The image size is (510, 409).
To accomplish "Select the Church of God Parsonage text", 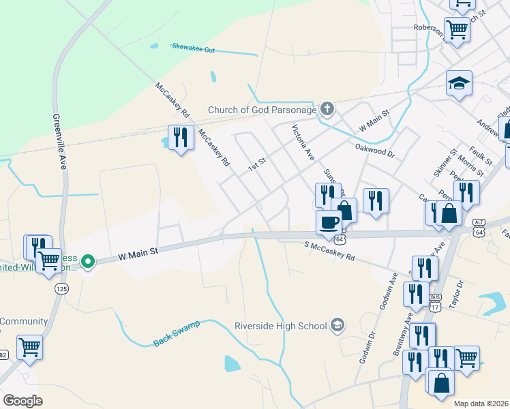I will [262, 110].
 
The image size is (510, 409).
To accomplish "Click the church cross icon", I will [327, 108].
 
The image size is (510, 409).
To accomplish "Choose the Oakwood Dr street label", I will [374, 149].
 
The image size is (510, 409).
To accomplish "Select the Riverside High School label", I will [281, 326].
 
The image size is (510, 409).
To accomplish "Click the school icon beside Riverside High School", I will [337, 325].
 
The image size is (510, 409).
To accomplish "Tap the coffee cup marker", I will [329, 222].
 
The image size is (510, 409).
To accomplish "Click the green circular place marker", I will [87, 260].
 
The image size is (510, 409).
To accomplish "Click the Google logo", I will [22, 400].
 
